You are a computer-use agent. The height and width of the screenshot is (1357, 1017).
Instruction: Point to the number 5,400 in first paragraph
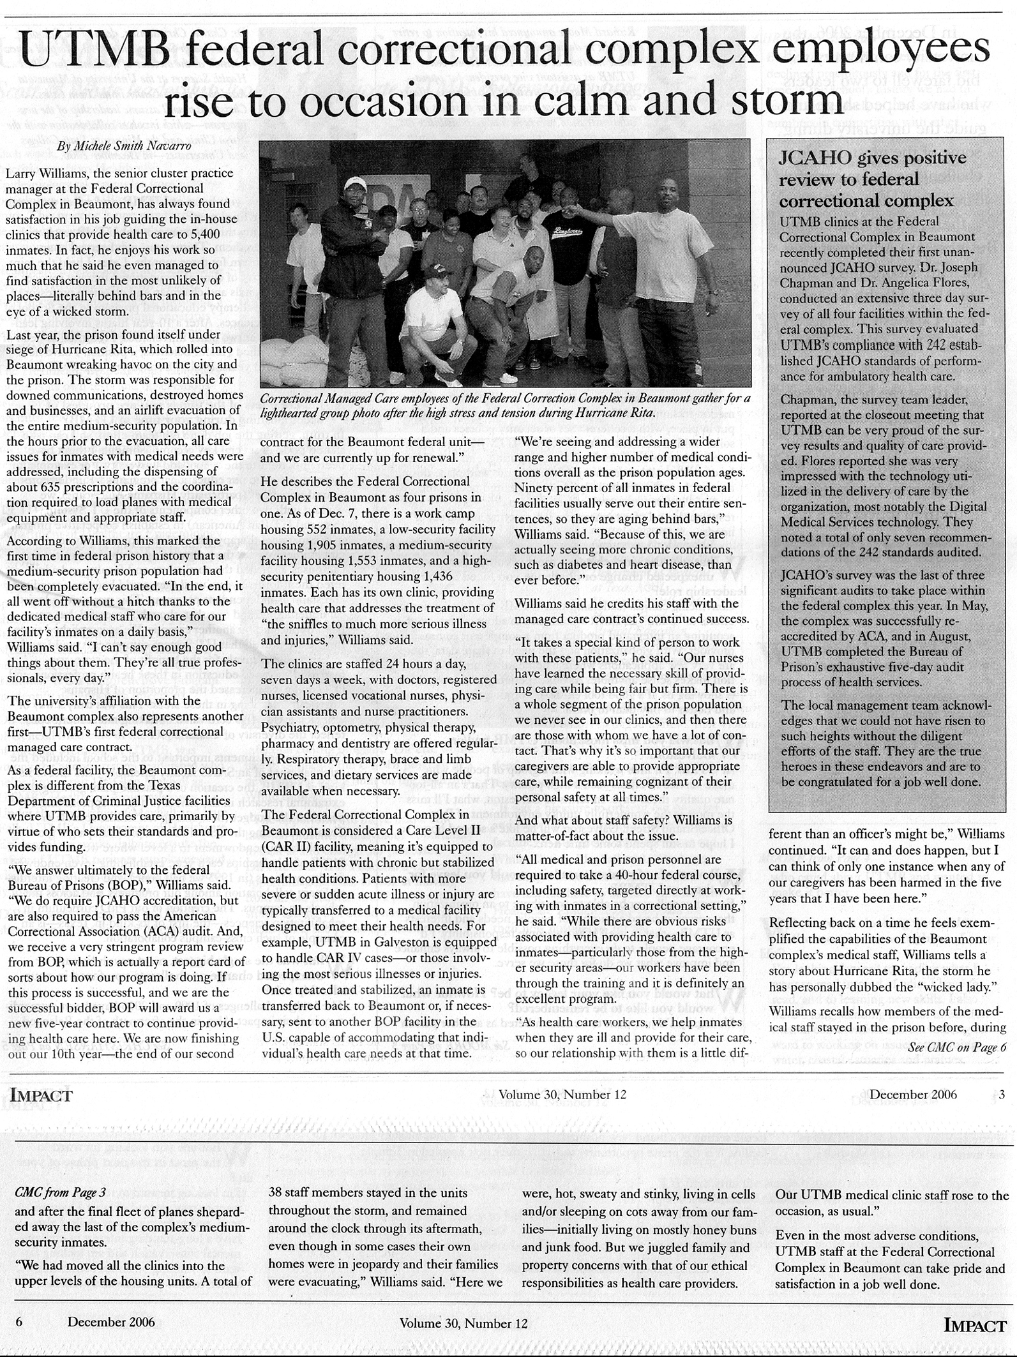click(x=202, y=234)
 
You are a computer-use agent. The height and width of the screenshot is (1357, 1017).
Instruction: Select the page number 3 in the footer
click(x=1002, y=1094)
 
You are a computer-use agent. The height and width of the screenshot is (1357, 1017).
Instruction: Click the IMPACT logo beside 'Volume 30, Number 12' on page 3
click(x=40, y=1095)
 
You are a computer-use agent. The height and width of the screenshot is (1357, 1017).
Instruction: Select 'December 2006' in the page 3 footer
click(x=913, y=1094)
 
